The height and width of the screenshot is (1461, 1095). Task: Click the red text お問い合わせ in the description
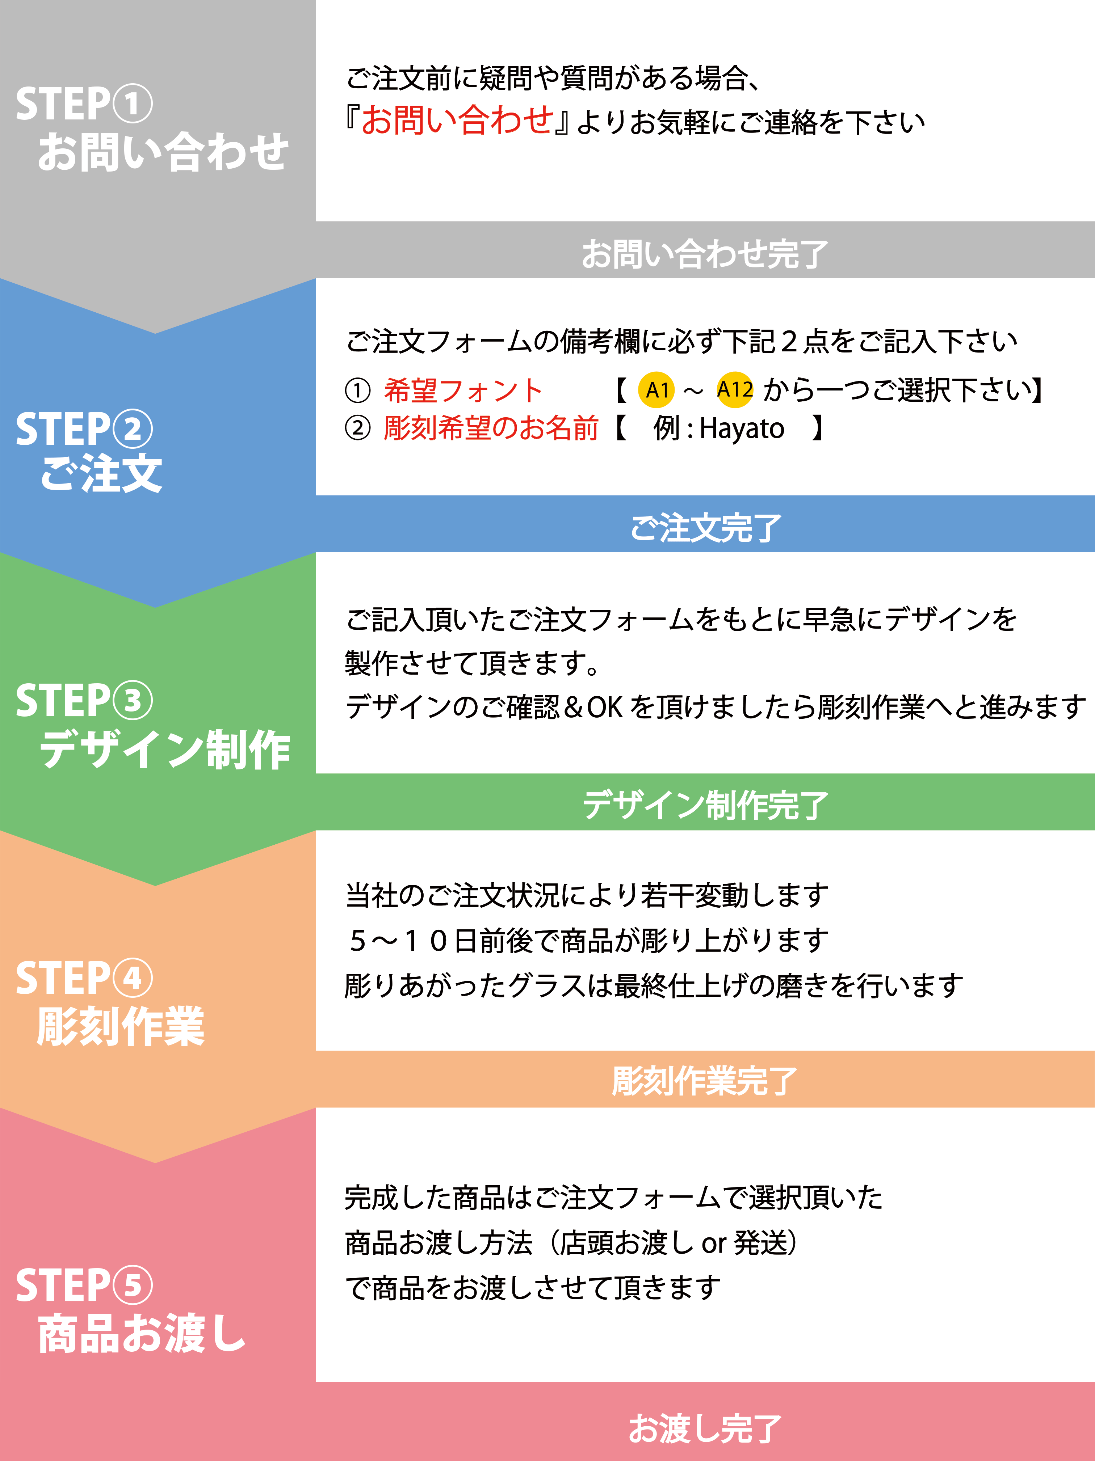pos(457,121)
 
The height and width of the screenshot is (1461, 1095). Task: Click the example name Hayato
pos(742,428)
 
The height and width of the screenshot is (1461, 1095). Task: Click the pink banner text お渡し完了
pos(705,1428)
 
